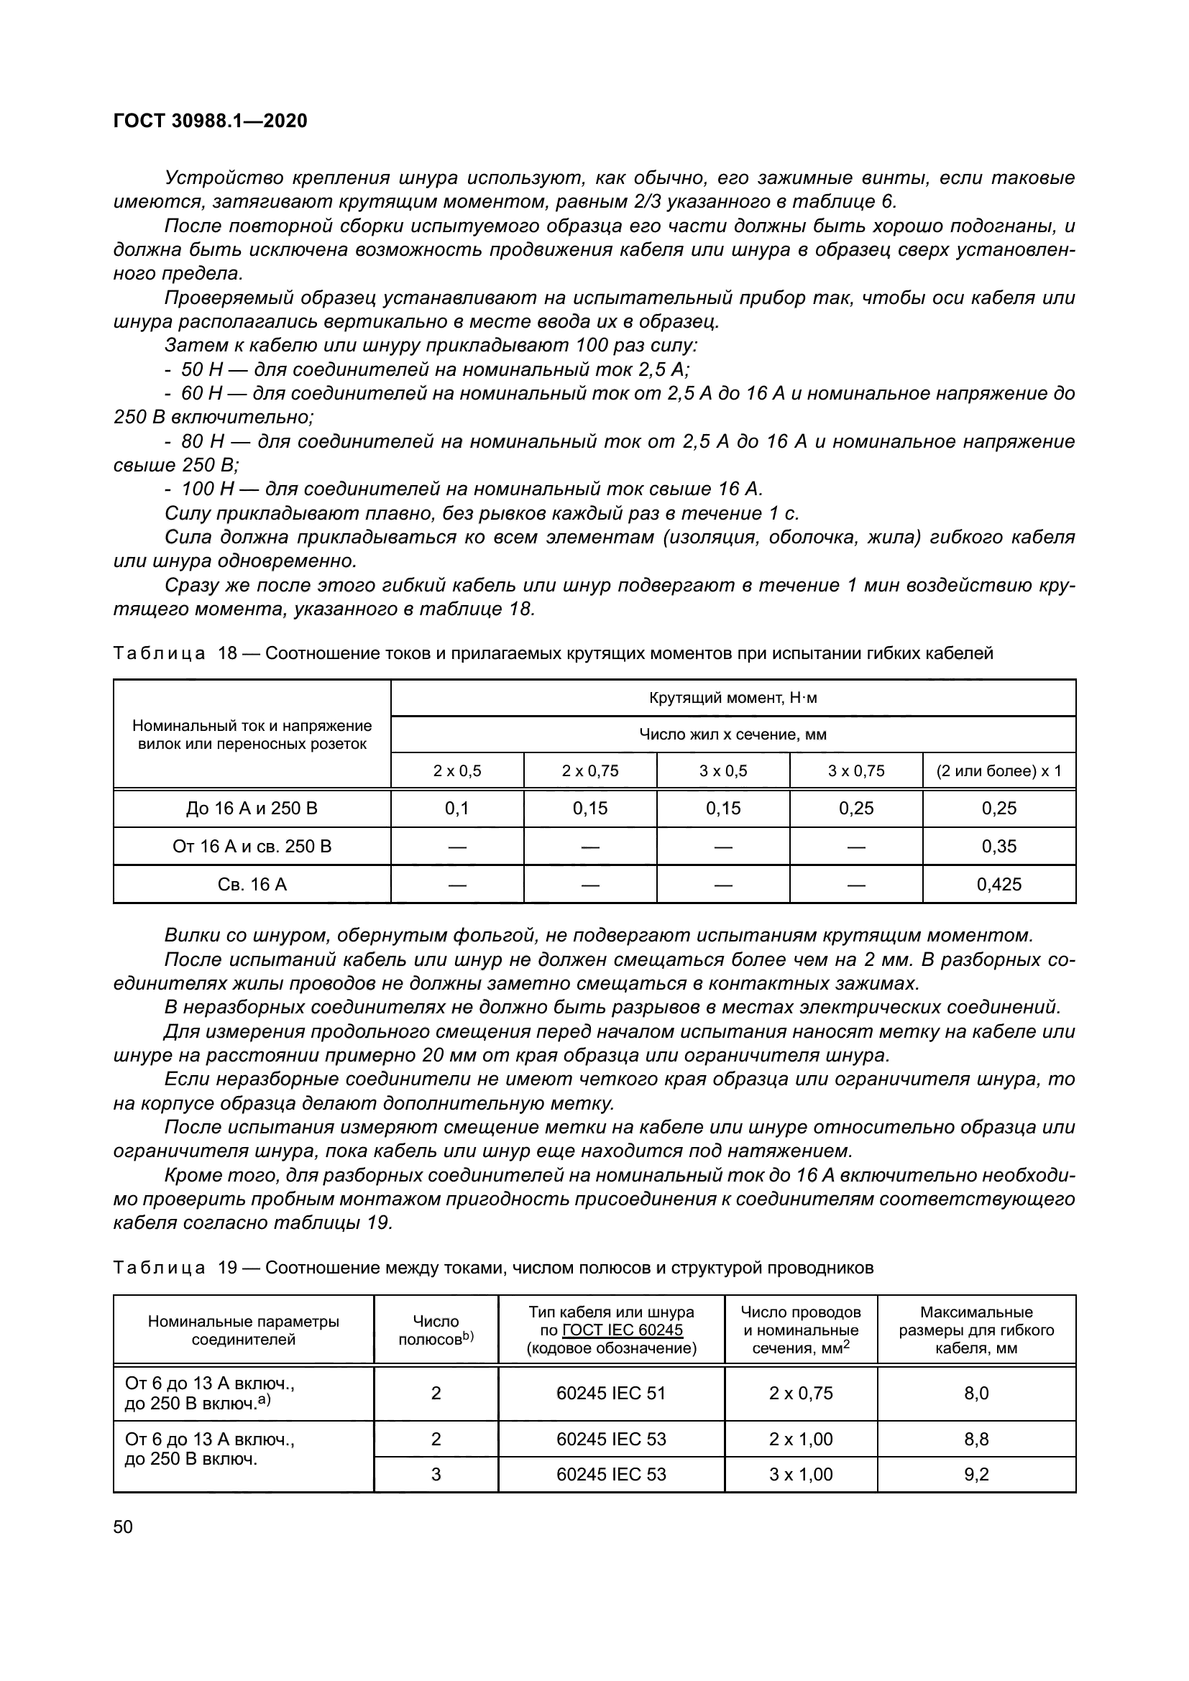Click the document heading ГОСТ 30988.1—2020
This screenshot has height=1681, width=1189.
click(x=210, y=121)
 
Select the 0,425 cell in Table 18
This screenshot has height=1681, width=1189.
click(x=999, y=885)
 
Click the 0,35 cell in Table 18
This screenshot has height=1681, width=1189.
click(x=999, y=847)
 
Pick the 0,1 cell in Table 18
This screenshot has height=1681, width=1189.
click(x=457, y=809)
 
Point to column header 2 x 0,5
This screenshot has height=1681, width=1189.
click(x=457, y=770)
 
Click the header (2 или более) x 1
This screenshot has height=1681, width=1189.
click(x=999, y=770)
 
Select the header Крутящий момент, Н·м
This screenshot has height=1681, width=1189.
click(x=733, y=698)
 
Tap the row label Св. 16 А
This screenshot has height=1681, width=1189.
click(x=252, y=885)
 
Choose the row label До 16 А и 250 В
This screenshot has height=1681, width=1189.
click(x=252, y=809)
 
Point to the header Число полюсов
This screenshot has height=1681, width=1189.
click(x=436, y=1330)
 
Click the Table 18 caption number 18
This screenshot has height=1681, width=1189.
click(x=228, y=653)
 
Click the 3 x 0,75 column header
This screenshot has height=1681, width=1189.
click(x=856, y=770)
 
